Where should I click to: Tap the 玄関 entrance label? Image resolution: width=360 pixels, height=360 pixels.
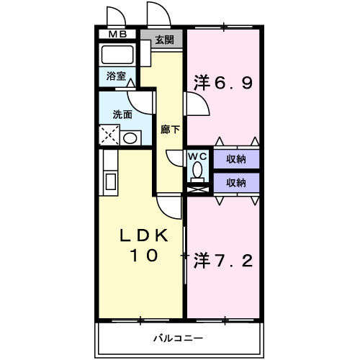(x=164, y=40)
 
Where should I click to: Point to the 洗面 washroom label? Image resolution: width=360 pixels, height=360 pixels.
(x=122, y=114)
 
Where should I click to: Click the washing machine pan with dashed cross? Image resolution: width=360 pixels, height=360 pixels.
(x=110, y=135)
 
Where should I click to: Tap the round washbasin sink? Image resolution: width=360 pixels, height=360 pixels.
(x=131, y=138)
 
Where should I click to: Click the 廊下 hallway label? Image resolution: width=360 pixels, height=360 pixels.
(x=171, y=130)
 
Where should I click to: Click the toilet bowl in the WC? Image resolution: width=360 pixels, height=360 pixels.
(x=197, y=172)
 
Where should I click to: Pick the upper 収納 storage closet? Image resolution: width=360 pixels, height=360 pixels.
(x=236, y=159)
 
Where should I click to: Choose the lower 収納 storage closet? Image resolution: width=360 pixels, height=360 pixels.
(x=236, y=183)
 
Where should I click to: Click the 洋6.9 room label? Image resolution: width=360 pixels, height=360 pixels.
(x=222, y=84)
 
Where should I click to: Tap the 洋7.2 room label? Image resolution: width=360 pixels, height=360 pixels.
(x=222, y=261)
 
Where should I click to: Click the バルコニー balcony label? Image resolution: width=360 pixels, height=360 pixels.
(x=178, y=338)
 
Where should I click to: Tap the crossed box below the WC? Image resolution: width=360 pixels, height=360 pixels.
(x=197, y=189)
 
